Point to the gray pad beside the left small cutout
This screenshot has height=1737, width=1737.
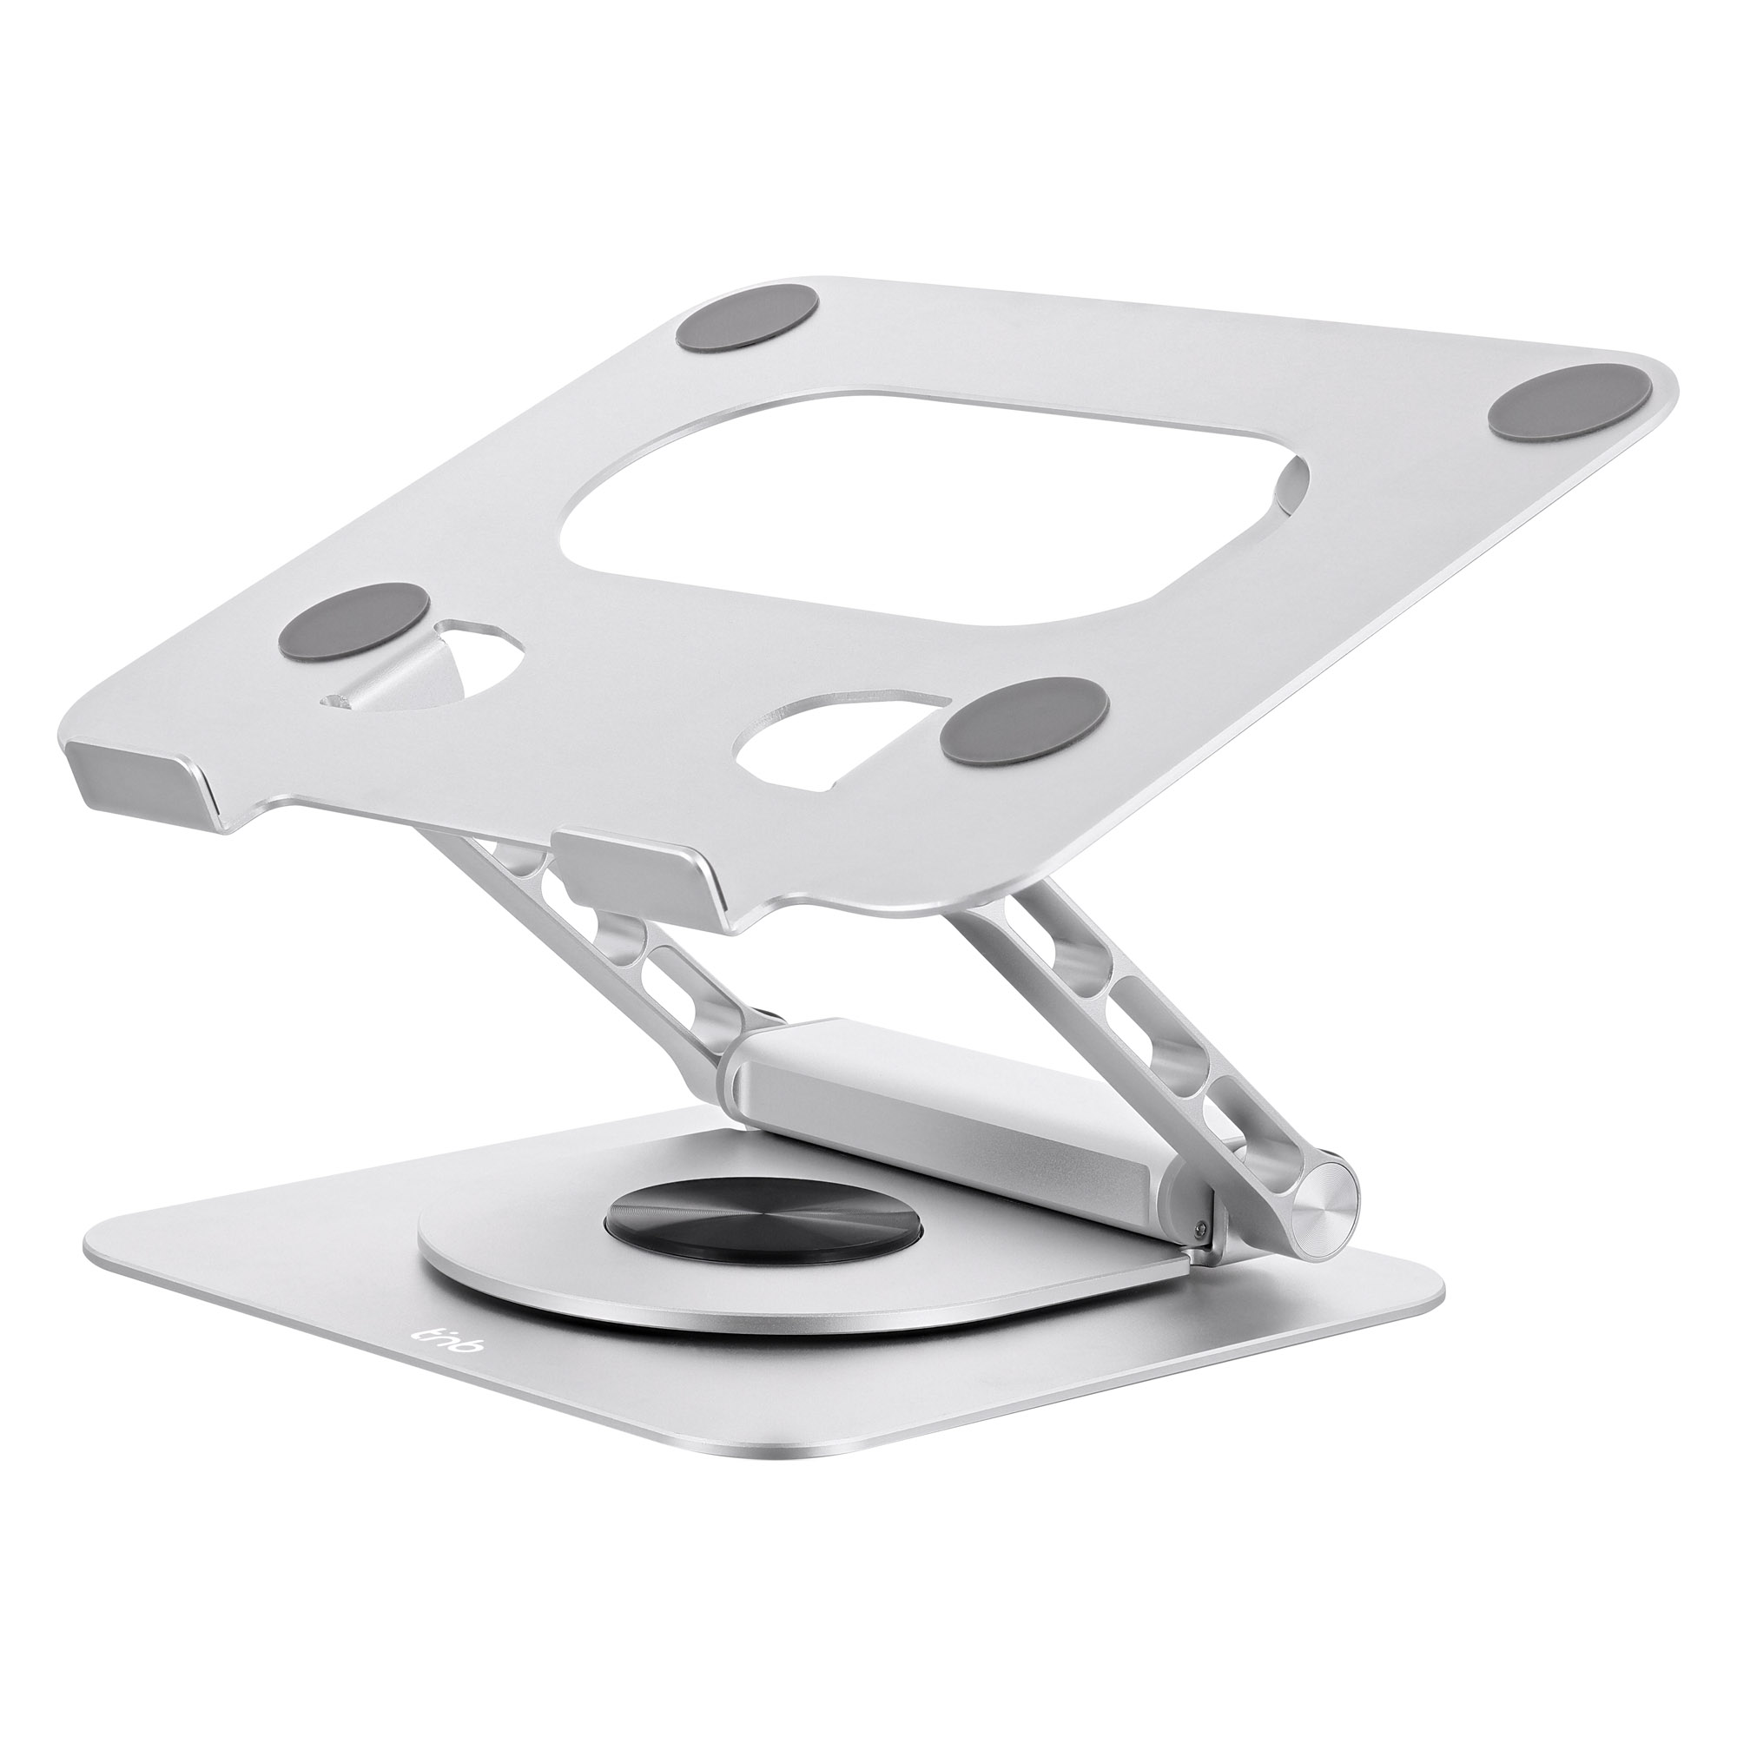tap(353, 618)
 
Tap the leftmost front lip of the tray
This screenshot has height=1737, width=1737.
tap(144, 766)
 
